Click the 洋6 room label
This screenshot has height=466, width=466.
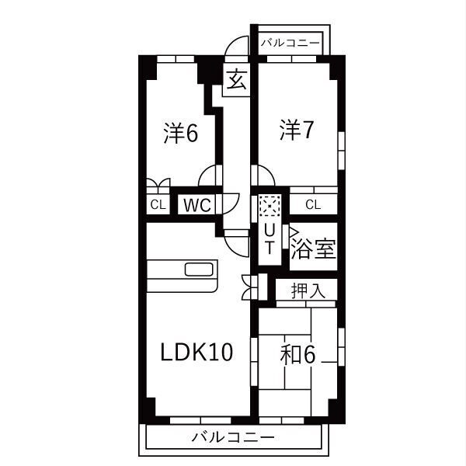click(181, 133)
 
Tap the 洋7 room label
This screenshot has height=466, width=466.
click(297, 130)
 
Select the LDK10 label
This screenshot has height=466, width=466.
click(196, 352)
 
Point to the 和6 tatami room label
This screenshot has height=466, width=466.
click(297, 355)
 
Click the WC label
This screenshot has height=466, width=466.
click(197, 205)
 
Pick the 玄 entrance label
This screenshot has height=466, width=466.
click(237, 79)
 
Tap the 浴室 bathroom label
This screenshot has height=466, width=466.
click(313, 249)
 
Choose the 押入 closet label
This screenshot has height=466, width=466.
click(308, 290)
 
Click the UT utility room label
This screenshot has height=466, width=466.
click(270, 238)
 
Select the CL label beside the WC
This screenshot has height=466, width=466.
click(158, 204)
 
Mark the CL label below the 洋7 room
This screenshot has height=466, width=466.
click(313, 204)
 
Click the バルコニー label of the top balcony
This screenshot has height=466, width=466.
click(290, 43)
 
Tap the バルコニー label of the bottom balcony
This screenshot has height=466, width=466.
click(233, 437)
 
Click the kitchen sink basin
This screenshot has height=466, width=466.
click(199, 270)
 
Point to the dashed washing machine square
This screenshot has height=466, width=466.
click(270, 205)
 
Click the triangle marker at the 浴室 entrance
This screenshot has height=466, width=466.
click(294, 231)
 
